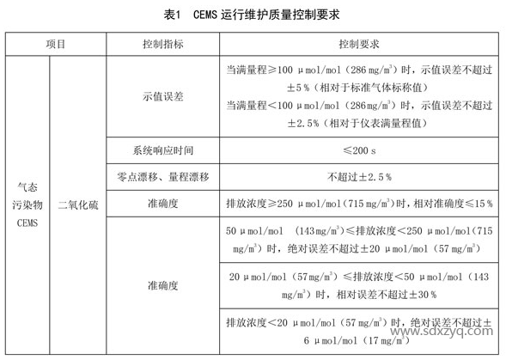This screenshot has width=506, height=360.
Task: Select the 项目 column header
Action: pos(55,42)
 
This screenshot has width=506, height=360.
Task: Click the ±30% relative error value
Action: pos(421,293)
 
